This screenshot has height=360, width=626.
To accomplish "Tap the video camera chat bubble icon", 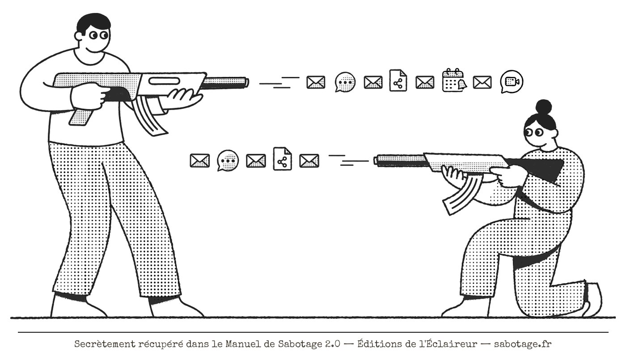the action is pyautogui.click(x=512, y=81).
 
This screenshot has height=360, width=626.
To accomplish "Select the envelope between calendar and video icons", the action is pyautogui.click(x=482, y=82).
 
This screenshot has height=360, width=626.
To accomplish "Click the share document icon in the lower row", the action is pyautogui.click(x=282, y=159).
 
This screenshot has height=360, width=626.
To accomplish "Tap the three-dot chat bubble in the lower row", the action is pyautogui.click(x=228, y=161).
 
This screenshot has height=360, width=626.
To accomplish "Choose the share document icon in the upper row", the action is pyautogui.click(x=398, y=80).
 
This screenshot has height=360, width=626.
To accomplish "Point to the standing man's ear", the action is pyautogui.click(x=79, y=36).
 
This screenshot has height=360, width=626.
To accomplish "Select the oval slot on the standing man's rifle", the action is pyautogui.click(x=165, y=81).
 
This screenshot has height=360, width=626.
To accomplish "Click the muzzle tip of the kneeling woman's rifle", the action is pyautogui.click(x=376, y=161).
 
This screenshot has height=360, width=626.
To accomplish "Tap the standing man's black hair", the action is pyautogui.click(x=93, y=23).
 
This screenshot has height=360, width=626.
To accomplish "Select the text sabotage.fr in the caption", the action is pyautogui.click(x=523, y=344).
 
